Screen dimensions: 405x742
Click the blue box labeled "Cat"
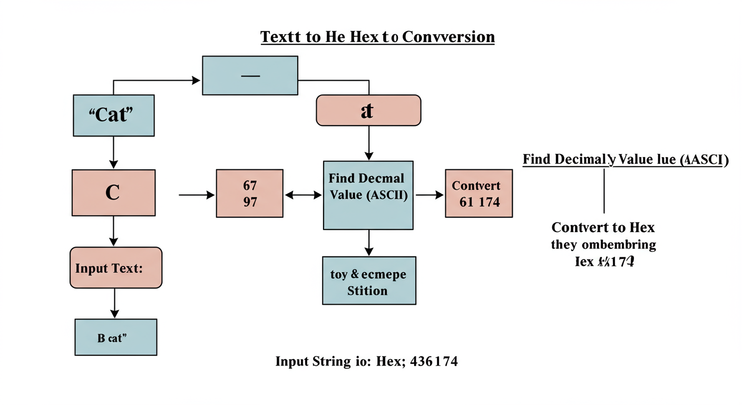coord(113,115)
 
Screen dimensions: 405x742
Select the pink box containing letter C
coord(113,192)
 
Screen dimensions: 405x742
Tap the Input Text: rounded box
coord(116,267)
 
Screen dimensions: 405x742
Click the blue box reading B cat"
coord(116,337)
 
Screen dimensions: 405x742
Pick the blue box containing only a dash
coord(250,75)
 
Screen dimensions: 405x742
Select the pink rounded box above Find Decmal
coord(368,110)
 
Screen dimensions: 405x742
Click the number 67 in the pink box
coord(250,186)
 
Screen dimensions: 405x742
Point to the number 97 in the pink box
coord(250,201)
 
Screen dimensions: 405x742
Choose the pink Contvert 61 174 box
coord(479,194)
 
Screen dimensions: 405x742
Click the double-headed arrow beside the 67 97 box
coord(303,195)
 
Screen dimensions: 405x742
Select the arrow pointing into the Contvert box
coord(430,195)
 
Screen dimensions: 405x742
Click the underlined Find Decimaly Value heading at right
coord(625,160)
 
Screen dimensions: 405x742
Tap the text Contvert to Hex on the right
coord(603,228)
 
